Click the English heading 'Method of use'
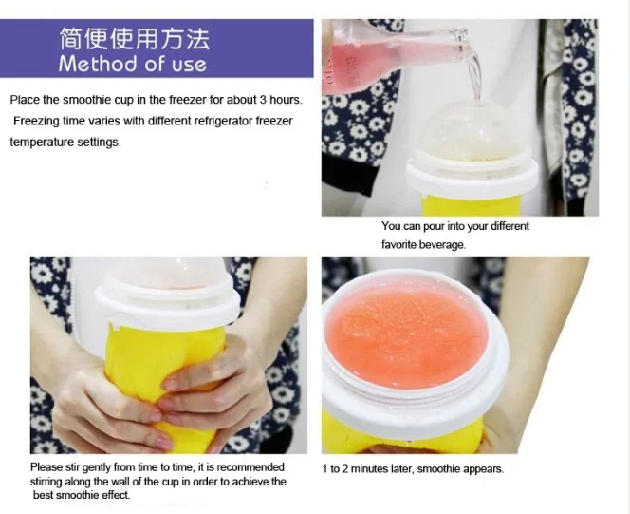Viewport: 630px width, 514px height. coord(133,64)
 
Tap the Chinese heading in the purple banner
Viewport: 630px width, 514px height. coord(135,39)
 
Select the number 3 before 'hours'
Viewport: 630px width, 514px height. coord(263,100)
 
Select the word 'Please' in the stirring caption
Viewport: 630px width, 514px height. coord(46,467)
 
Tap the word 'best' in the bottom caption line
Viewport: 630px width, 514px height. coord(43,495)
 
